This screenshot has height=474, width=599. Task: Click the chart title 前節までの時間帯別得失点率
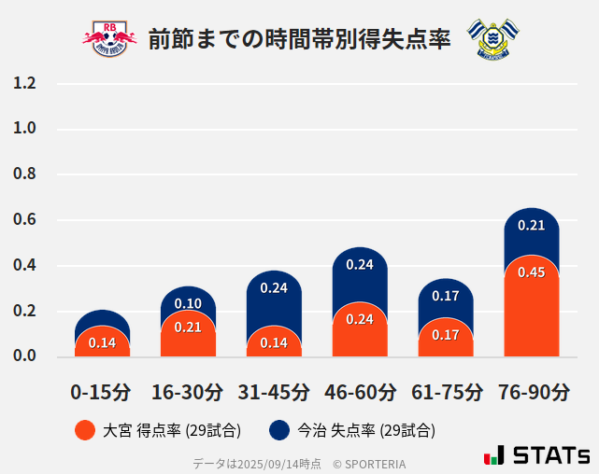click(x=299, y=39)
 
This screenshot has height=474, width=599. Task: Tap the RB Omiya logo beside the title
click(x=109, y=38)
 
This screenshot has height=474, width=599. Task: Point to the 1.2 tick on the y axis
click(x=24, y=83)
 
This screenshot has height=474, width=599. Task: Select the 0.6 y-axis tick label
click(x=24, y=220)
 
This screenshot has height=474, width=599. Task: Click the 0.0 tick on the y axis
click(x=24, y=356)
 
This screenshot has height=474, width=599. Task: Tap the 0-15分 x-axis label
click(x=102, y=392)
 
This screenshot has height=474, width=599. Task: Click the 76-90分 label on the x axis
click(x=532, y=392)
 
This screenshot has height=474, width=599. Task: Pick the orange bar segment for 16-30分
click(x=188, y=336)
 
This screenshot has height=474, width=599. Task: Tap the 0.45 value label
click(x=532, y=272)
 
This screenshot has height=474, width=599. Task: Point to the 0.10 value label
click(x=188, y=303)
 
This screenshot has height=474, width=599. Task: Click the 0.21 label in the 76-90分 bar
click(x=532, y=226)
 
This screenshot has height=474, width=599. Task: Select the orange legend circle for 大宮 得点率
click(x=84, y=430)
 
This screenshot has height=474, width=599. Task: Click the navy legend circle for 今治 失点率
click(x=279, y=430)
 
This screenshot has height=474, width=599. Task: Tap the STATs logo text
click(x=550, y=455)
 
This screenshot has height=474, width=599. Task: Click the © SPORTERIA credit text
click(x=369, y=464)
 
